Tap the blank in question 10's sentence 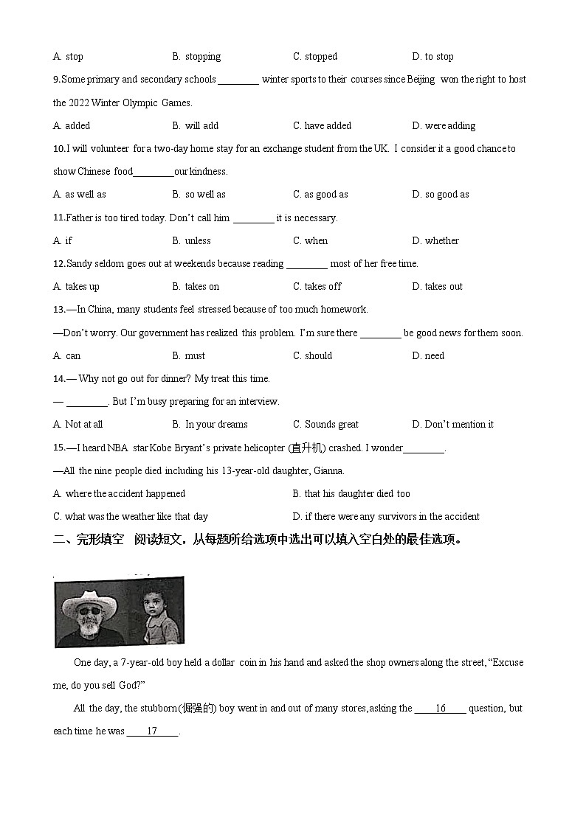pos(154,173)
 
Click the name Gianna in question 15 pos(328,471)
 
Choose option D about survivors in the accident pos(386,517)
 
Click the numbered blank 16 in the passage pos(440,709)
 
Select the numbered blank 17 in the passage pos(152,731)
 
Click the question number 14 pos(59,379)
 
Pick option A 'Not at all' pos(77,425)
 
